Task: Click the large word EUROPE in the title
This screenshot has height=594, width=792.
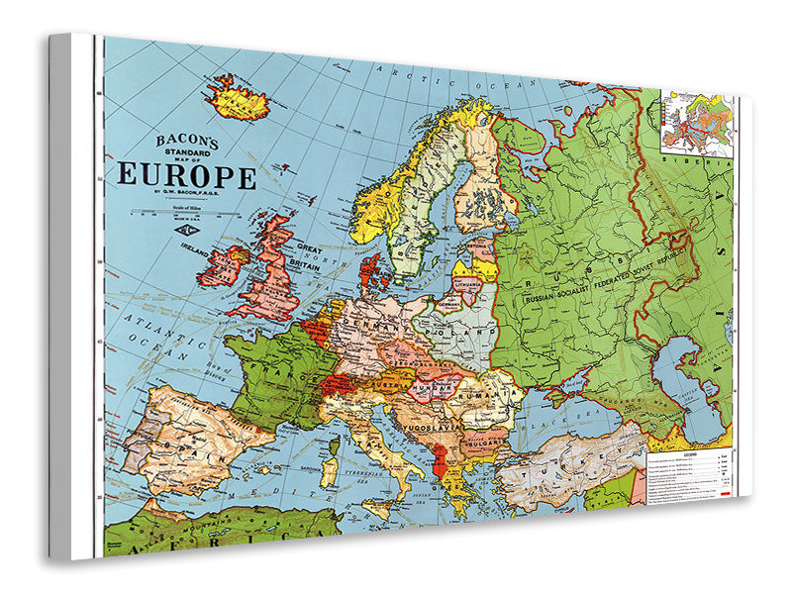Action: click(x=187, y=175)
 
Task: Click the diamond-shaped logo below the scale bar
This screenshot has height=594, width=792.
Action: click(x=185, y=230)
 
